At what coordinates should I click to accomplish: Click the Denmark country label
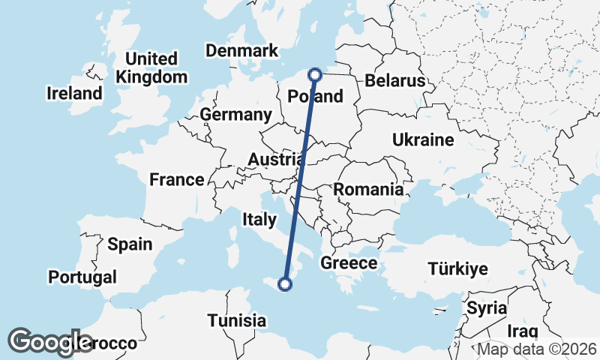pos(241,50)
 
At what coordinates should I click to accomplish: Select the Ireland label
pos(74,94)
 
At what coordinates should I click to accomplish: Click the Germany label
pos(235,115)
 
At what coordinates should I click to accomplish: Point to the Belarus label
pos(394,80)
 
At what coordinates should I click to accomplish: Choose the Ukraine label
pos(423,139)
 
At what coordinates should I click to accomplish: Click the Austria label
pos(277,160)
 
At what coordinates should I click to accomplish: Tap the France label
pos(176,179)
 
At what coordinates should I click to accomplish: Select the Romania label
pos(368,189)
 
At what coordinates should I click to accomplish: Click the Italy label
pos(259,218)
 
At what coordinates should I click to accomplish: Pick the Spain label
pos(130,244)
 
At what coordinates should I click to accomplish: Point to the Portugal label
pos(82,277)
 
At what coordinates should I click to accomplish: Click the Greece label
pos(348,263)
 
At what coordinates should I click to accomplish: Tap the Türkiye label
pos(457,268)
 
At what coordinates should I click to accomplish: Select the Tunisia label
pos(237,320)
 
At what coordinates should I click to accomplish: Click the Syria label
pos(487,307)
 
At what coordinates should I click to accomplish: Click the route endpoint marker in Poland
pos(315,74)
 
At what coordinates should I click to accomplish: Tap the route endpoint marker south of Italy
pos(284,283)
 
